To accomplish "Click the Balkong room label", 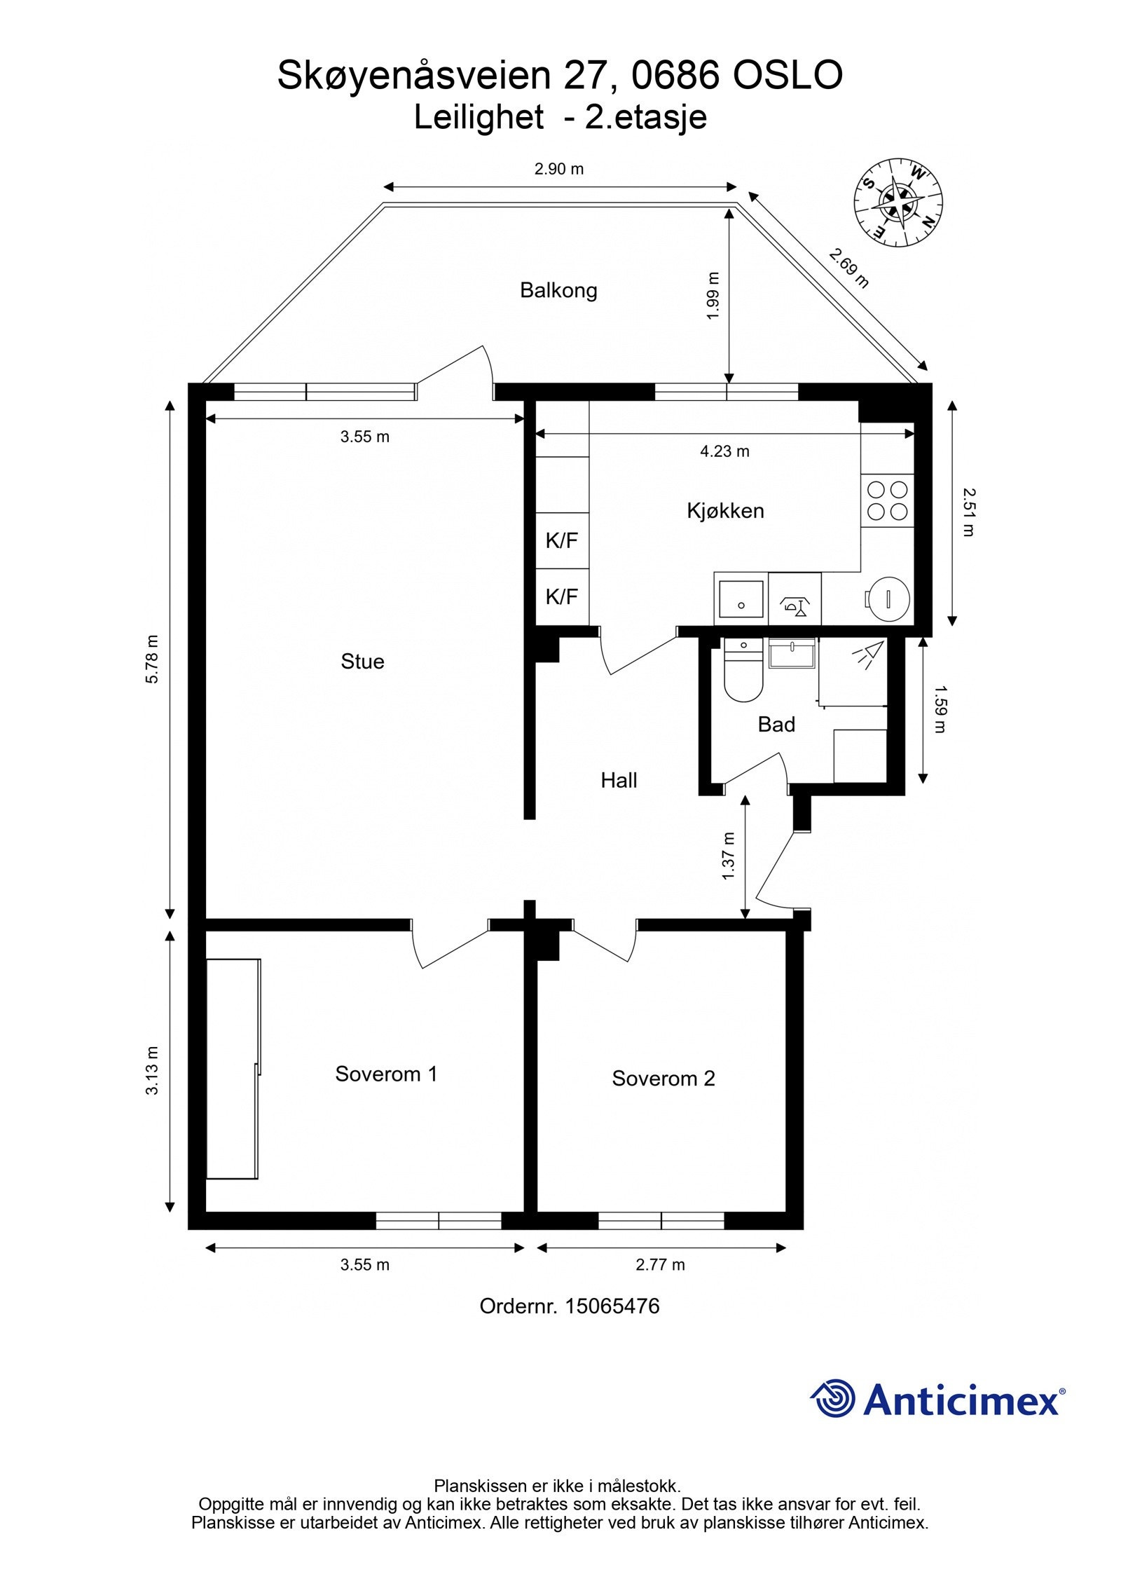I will pyautogui.click(x=558, y=290).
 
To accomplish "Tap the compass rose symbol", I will pyautogui.click(x=897, y=203).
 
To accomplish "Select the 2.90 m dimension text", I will pyautogui.click(x=558, y=169).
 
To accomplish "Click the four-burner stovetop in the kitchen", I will pyautogui.click(x=887, y=500).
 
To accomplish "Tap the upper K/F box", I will pyautogui.click(x=562, y=540).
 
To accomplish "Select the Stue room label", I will pyautogui.click(x=362, y=662).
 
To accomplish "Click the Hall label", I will pyautogui.click(x=619, y=781).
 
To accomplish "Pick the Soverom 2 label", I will pyautogui.click(x=663, y=1079).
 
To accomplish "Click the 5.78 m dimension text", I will pyautogui.click(x=153, y=659).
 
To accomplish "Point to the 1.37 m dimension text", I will pyautogui.click(x=729, y=856).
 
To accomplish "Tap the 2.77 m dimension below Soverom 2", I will pyautogui.click(x=660, y=1265).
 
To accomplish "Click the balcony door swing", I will pyautogui.click(x=455, y=371).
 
